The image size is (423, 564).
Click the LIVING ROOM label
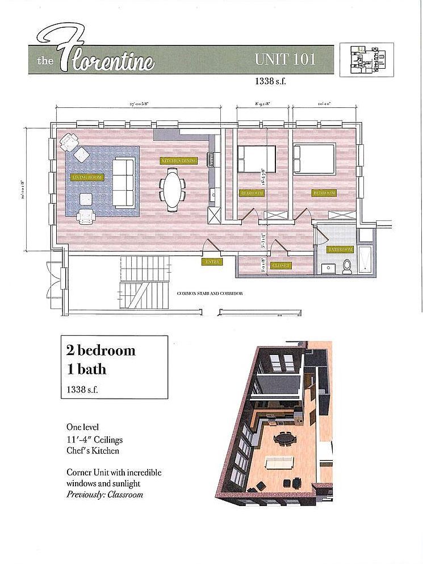pos(86,178)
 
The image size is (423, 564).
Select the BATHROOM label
pos(340,249)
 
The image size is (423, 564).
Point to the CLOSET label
pos(281,265)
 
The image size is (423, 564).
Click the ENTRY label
pos(212,262)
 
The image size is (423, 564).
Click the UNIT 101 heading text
pos(285,59)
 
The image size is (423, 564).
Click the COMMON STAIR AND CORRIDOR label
pos(210,294)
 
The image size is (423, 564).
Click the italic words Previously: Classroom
pos(104,494)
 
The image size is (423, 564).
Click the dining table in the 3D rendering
pos(283,438)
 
